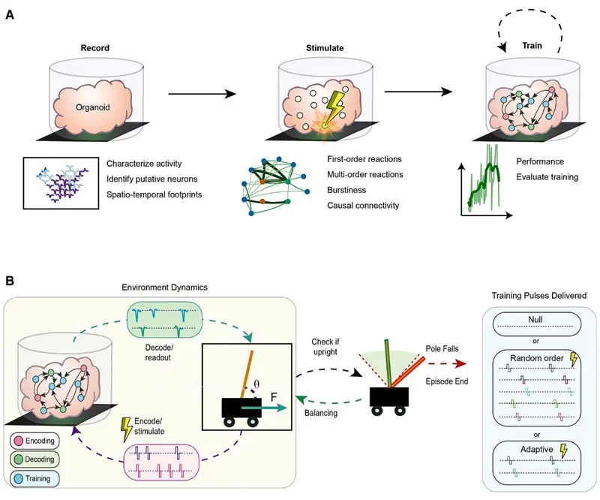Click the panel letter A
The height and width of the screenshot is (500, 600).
point(10,14)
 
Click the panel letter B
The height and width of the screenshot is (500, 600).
point(10,281)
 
